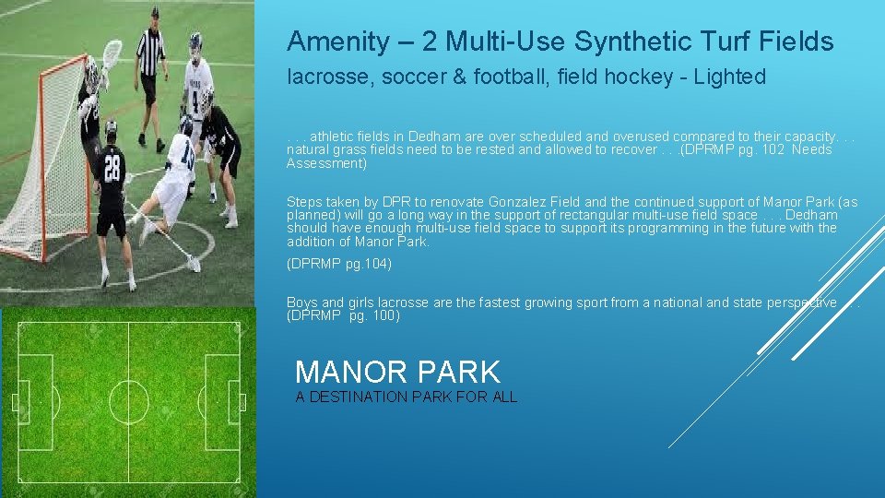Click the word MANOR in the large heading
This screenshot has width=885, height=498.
point(348,373)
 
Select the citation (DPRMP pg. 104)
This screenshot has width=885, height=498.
point(339,265)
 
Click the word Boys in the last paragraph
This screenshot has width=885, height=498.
point(301,302)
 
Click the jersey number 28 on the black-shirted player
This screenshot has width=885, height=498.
point(111,169)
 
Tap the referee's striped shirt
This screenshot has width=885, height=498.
point(149,51)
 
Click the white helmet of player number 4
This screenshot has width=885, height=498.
point(195,41)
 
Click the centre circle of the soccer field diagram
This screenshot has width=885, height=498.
point(128,402)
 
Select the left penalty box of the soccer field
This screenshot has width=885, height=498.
point(35,402)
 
